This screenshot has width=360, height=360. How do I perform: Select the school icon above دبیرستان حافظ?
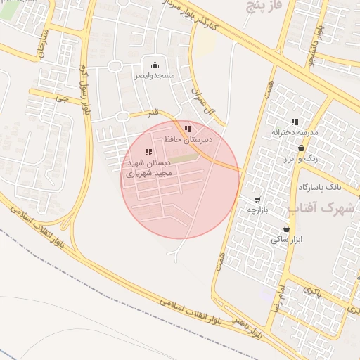187,129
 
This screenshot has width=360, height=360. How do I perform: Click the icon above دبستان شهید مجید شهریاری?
148,152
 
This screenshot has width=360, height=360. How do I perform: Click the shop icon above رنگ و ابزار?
302,148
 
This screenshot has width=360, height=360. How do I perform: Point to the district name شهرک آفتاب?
322,208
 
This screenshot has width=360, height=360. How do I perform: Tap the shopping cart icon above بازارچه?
258,199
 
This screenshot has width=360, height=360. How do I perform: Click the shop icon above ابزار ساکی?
286,229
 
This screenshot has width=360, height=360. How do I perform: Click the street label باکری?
311,290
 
